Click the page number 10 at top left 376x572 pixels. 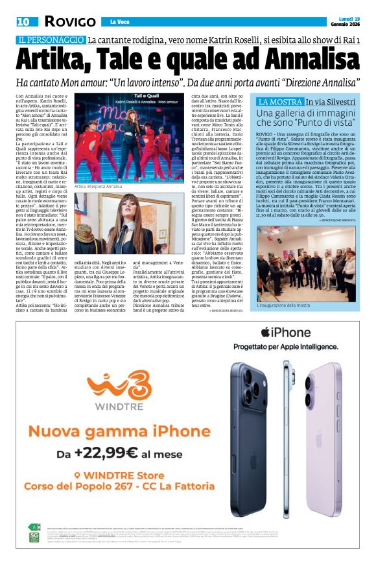click(23, 21)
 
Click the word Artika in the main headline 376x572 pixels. click(62, 62)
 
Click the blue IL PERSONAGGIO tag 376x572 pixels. click(51, 40)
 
